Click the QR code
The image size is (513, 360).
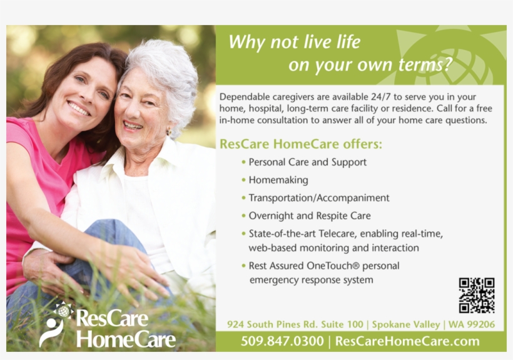pyautogui.click(x=476, y=296)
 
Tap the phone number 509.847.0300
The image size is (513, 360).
pyautogui.click(x=282, y=341)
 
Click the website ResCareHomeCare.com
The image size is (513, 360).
pyautogui.click(x=407, y=341)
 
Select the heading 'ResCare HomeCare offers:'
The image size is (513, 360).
pyautogui.click(x=300, y=144)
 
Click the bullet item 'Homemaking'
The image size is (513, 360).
pyautogui.click(x=278, y=180)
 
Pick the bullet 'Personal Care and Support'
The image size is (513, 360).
pyautogui.click(x=307, y=162)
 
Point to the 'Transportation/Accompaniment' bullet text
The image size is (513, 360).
pyautogui.click(x=318, y=198)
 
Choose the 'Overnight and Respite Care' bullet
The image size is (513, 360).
pyautogui.click(x=309, y=215)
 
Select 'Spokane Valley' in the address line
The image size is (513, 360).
pyautogui.click(x=407, y=324)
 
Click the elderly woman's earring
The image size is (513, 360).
pyautogui.click(x=168, y=132)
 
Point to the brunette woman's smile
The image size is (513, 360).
pyautogui.click(x=79, y=108)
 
